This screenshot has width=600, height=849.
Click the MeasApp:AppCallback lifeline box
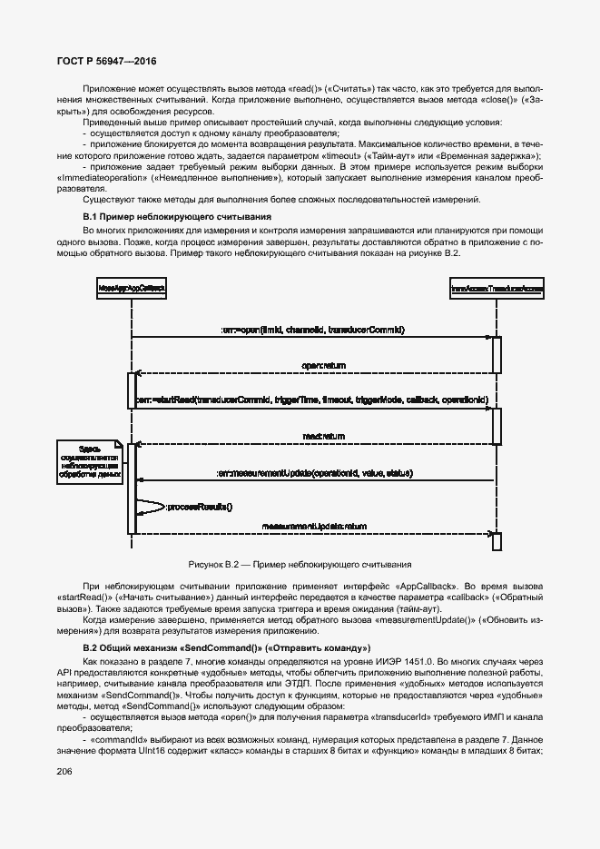[133, 288]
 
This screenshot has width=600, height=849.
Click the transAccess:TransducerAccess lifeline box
[497, 288]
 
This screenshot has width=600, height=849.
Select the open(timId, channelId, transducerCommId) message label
[311, 329]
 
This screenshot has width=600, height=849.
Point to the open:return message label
[323, 364]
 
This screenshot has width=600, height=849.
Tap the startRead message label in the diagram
[312, 400]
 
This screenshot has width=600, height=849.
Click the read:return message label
[323, 436]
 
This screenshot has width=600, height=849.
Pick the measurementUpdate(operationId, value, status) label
[315, 473]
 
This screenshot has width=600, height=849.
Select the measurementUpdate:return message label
[314, 526]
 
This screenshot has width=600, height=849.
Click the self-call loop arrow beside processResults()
[152, 507]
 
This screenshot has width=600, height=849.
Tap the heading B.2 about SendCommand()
[225, 647]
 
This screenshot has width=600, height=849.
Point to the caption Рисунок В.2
[300, 564]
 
